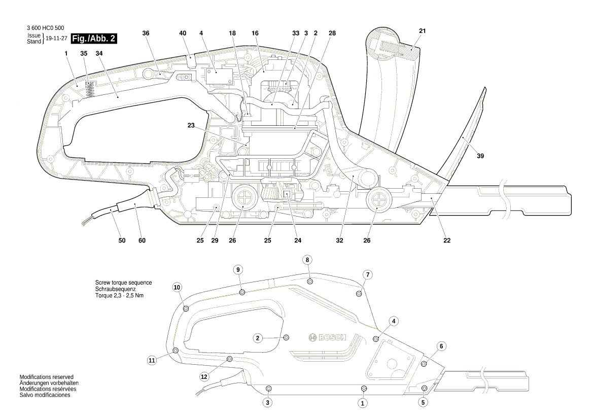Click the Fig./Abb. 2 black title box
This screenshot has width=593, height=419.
(x=94, y=39)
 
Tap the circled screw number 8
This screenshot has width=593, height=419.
(x=307, y=260)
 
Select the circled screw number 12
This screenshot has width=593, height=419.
(x=204, y=377)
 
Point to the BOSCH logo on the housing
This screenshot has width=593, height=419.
(x=327, y=338)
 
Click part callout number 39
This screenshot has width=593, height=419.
(x=480, y=156)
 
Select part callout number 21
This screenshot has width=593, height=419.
(x=422, y=31)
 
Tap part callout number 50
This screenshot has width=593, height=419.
(x=122, y=240)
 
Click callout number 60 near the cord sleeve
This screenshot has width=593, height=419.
(x=142, y=240)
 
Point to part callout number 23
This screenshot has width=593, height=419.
(x=191, y=125)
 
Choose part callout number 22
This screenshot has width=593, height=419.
(x=447, y=240)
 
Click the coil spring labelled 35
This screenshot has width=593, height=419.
(x=90, y=90)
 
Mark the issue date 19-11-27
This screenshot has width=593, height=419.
(x=56, y=39)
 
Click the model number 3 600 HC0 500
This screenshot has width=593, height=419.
(x=45, y=28)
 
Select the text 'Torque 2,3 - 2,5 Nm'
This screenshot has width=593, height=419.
(x=119, y=295)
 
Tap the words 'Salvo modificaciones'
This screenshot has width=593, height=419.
(x=45, y=395)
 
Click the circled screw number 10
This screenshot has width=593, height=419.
(x=177, y=287)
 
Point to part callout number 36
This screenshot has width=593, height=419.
(x=146, y=33)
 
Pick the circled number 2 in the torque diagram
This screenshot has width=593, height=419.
(x=258, y=338)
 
